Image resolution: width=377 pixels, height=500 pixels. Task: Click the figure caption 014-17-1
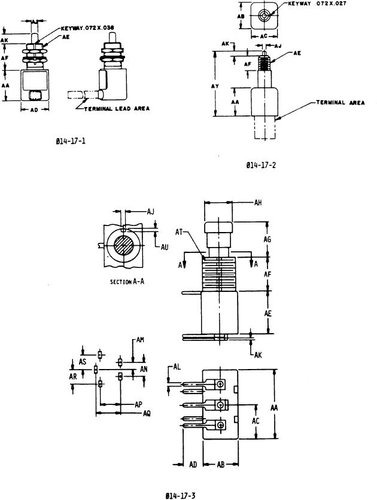70,142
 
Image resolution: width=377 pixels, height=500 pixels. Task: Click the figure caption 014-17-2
261,166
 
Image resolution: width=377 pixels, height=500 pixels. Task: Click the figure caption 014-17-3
181,495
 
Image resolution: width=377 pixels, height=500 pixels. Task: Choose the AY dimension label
221,86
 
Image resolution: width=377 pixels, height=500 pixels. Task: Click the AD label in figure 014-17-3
193,464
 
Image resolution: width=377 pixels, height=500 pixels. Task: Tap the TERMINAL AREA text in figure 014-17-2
340,103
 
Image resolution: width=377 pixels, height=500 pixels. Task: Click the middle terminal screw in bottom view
221,405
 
